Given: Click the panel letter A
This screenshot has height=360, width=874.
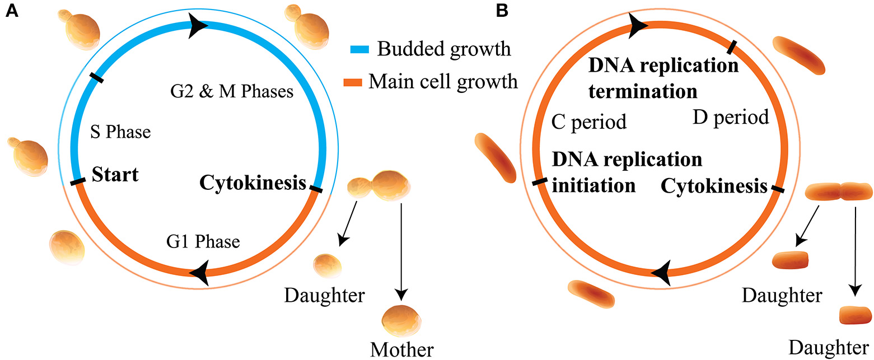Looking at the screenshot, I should click(11, 12).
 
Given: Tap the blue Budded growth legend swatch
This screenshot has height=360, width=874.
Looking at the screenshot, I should click(354, 50).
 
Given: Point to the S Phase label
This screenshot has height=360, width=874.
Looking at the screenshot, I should click(120, 133).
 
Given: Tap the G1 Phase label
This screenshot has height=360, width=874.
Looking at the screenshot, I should click(203, 242).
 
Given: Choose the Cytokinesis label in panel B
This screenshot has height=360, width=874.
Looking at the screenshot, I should click(714, 186).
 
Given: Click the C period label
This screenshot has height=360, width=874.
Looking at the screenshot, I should click(588, 121).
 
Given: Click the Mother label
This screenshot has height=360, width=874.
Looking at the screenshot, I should click(401, 350).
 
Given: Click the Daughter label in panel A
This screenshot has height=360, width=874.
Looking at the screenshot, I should click(324, 294).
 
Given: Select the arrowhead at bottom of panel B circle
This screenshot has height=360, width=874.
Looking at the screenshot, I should click(663, 273).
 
